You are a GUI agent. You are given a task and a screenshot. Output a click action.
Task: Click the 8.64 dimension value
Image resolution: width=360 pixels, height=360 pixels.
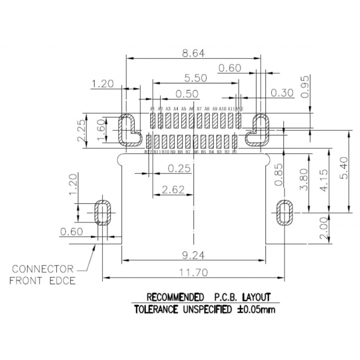click(x=193, y=53)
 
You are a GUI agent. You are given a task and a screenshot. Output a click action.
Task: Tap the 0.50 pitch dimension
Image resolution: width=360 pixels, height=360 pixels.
click(x=187, y=93)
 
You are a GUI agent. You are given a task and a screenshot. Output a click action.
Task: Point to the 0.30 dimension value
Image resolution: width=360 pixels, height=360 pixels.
click(x=282, y=93)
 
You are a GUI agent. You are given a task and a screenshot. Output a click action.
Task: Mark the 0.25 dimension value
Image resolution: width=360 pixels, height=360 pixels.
click(x=179, y=168)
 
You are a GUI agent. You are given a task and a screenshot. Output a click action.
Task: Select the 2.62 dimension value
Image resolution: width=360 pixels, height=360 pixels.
click(x=174, y=189)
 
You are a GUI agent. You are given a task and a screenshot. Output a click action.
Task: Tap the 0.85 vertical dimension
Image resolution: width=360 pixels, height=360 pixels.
click(x=279, y=175)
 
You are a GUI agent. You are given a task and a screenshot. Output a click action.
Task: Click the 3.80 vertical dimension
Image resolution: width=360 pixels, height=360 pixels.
click(x=303, y=182)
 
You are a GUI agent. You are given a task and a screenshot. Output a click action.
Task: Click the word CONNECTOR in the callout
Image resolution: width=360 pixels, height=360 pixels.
click(x=43, y=269)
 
